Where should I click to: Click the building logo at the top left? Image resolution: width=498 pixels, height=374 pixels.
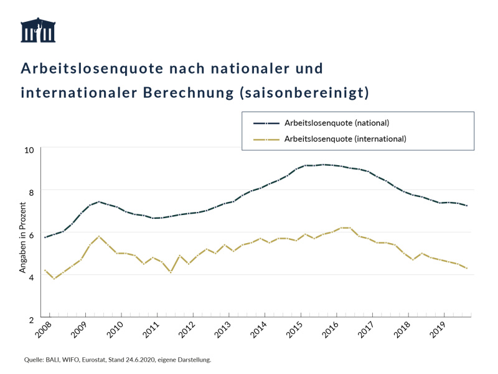click(x=38, y=31)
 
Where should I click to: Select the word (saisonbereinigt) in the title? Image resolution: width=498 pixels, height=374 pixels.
click(x=304, y=93)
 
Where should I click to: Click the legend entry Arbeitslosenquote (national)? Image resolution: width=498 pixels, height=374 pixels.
click(x=336, y=123)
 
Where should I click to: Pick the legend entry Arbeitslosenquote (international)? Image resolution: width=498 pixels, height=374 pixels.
click(x=345, y=138)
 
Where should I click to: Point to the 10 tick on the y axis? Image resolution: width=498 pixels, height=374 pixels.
click(x=29, y=150)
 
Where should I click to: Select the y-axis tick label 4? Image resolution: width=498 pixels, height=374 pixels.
click(x=32, y=276)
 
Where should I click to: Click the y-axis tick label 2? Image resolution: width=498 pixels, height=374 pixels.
click(x=32, y=318)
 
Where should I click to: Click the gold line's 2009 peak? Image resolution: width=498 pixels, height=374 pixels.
click(x=99, y=237)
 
